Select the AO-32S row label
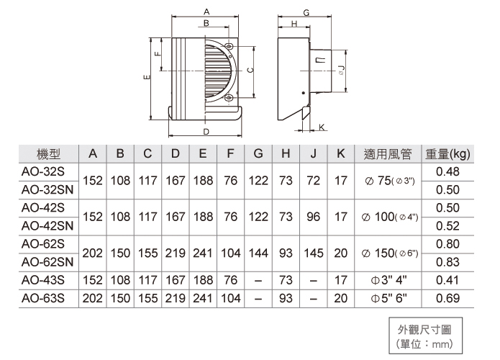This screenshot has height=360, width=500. (43, 171)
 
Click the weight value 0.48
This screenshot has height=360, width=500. (447, 171)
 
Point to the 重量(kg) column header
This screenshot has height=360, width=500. (447, 153)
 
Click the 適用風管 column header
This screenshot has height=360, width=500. (388, 153)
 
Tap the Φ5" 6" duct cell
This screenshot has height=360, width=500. (388, 297)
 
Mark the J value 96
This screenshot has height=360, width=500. (313, 216)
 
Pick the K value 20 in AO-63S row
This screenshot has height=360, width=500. (340, 297)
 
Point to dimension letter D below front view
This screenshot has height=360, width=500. (206, 132)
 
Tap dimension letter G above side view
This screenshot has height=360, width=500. (306, 13)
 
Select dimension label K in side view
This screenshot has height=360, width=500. (321, 127)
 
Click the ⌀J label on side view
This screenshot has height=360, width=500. (341, 70)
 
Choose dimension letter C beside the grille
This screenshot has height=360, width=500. (249, 70)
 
